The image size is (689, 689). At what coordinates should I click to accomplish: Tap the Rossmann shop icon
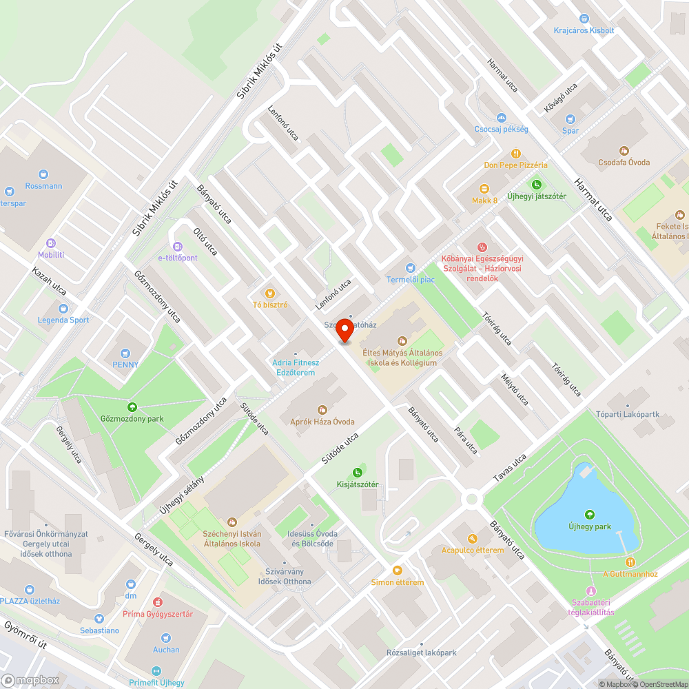click(x=43, y=175)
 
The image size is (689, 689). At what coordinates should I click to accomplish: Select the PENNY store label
click(x=126, y=364)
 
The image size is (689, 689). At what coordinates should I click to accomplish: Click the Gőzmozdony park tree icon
click(x=132, y=407)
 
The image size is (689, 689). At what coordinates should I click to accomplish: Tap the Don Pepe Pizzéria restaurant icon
click(x=515, y=154)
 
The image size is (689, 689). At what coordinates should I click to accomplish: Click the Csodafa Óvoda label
click(x=624, y=163)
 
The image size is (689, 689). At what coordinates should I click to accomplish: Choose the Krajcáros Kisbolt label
click(x=584, y=30)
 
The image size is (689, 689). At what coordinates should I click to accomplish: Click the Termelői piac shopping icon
click(x=411, y=267)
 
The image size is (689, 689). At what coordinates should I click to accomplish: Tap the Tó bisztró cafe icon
click(x=270, y=293)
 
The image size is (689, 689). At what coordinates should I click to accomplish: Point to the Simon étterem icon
click(x=398, y=570)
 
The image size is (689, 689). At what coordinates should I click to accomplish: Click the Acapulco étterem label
click(x=473, y=550)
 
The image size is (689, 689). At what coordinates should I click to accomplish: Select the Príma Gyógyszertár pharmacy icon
click(x=158, y=602)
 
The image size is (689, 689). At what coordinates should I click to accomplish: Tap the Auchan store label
click(x=166, y=649)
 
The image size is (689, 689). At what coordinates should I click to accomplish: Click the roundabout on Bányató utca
click(x=471, y=498)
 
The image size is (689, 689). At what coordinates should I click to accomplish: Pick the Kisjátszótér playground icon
click(x=357, y=472)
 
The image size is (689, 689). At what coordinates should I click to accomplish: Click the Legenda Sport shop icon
click(x=63, y=309)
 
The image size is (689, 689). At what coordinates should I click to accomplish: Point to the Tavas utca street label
click(x=509, y=468)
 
